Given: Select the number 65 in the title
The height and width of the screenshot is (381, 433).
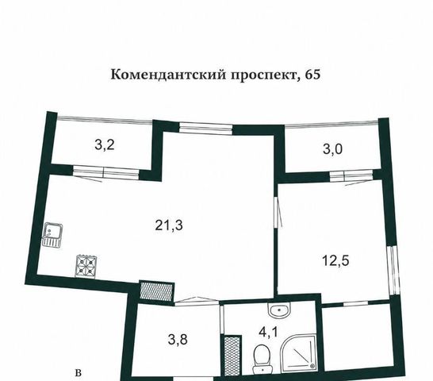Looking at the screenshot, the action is coord(313,75).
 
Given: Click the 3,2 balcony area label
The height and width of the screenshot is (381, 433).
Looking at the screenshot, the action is coord(105,145).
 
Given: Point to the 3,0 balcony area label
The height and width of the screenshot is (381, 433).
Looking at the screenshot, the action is coord(333,149).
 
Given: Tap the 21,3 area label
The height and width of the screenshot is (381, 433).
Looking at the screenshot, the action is coord(169,225).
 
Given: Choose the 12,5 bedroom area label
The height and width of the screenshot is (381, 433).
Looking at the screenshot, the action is coord(335,260).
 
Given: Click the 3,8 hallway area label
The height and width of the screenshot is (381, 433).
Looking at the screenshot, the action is coord(178,339).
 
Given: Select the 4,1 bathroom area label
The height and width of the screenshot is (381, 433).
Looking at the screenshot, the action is coord(268,332).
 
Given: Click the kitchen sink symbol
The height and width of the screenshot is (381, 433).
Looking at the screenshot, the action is coord(52,234).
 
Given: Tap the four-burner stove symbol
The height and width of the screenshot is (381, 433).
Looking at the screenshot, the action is coord(86,267).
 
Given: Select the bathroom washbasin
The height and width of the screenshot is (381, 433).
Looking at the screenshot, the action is coord(279,310).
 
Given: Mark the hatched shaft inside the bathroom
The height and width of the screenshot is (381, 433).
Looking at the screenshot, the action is coord(232,356).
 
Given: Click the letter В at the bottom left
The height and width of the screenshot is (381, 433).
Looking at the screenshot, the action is coord(79,373).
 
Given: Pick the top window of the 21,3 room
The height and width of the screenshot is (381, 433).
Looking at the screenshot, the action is coord(205,128).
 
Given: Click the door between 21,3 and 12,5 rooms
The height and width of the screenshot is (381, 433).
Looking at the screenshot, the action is coord(278,212).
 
